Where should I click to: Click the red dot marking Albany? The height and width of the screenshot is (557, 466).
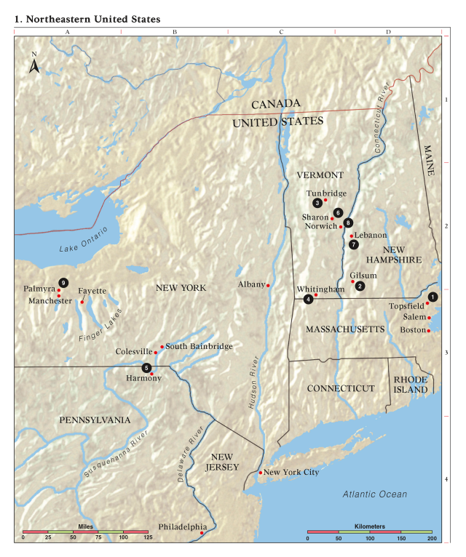[268, 285]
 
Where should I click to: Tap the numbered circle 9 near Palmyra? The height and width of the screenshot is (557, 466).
[64, 282]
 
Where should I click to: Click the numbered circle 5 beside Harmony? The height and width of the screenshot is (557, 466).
[147, 367]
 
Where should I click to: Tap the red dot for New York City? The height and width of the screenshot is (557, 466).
[260, 473]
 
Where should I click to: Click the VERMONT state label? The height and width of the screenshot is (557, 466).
[320, 175]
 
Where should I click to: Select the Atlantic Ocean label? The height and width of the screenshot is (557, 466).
[375, 494]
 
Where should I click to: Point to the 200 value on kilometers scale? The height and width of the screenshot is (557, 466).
[431, 537]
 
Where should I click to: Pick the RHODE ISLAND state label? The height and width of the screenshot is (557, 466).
[411, 385]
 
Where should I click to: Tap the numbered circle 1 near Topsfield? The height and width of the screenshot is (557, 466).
[433, 296]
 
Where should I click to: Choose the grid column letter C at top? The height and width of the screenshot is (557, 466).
[281, 32]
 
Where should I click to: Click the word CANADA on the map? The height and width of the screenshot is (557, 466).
[275, 105]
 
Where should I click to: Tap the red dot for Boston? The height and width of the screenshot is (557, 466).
[429, 331]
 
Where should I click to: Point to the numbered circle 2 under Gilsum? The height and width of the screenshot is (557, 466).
[360, 286]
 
